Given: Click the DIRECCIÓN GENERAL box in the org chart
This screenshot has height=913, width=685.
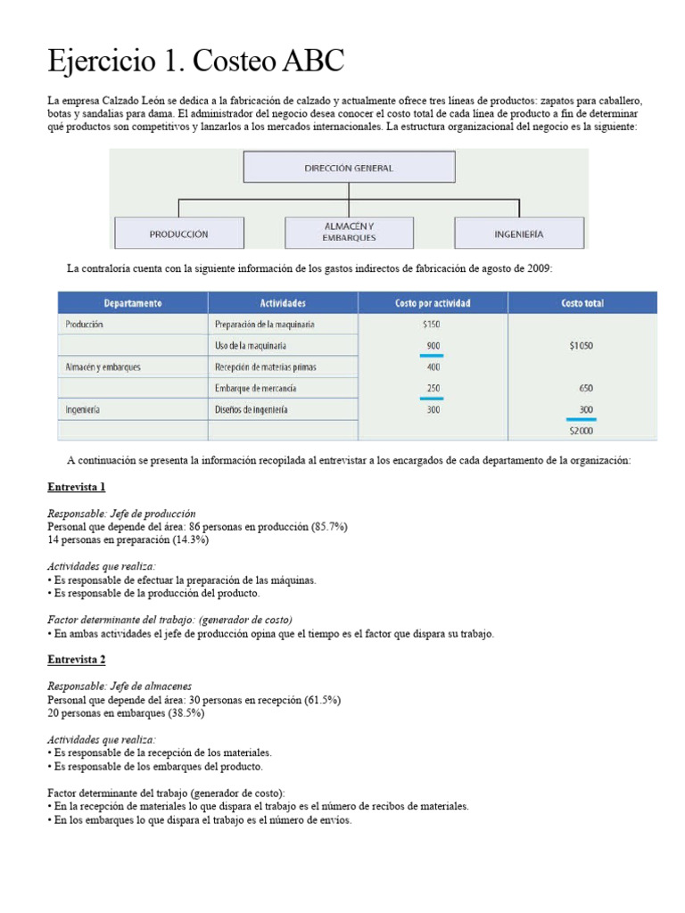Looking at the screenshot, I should click(348, 168).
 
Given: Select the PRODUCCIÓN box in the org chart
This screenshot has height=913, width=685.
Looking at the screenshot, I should click(178, 234).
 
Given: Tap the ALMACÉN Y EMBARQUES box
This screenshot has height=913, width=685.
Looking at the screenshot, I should click(349, 233).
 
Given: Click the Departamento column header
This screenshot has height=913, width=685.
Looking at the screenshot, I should click(132, 303).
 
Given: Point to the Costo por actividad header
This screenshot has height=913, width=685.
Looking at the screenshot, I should click(433, 303).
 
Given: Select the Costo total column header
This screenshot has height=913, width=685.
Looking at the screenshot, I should click(582, 303).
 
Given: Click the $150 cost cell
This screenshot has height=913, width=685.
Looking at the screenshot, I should click(433, 325).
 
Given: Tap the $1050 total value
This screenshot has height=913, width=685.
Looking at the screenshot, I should click(582, 346).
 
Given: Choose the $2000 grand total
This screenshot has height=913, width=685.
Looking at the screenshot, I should click(582, 431).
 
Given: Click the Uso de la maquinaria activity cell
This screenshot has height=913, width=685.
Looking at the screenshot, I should click(251, 346).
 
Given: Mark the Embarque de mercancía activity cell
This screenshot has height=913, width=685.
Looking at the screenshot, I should click(256, 389).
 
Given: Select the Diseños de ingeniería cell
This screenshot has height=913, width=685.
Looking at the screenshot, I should click(252, 410).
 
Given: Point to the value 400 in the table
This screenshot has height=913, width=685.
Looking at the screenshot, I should click(433, 367).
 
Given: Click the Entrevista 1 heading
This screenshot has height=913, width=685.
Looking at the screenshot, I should click(77, 488).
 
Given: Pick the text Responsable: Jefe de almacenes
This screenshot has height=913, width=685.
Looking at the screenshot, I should click(120, 687).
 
